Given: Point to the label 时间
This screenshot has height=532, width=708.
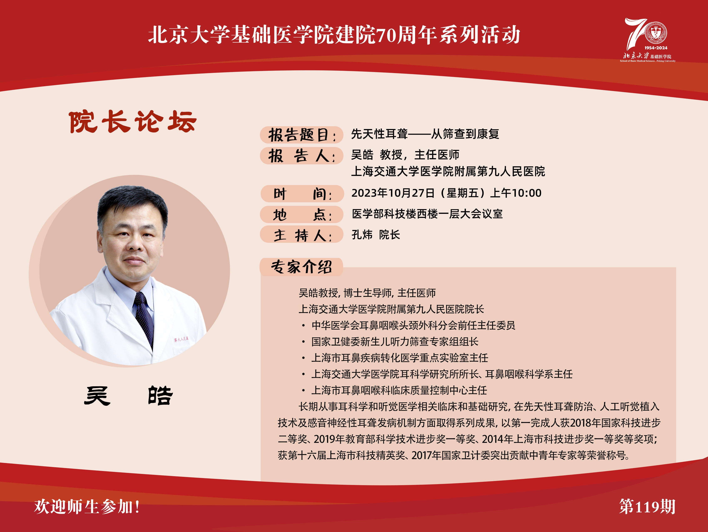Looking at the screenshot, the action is pyautogui.click(x=302, y=194).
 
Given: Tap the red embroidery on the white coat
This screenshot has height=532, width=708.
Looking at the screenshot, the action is pyautogui.click(x=181, y=339).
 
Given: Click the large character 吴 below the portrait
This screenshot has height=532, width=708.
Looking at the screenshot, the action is pyautogui.click(x=97, y=396).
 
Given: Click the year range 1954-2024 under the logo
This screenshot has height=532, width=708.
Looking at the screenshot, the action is pyautogui.click(x=656, y=48).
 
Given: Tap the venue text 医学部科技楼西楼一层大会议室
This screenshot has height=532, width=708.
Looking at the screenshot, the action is pyautogui.click(x=427, y=214).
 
